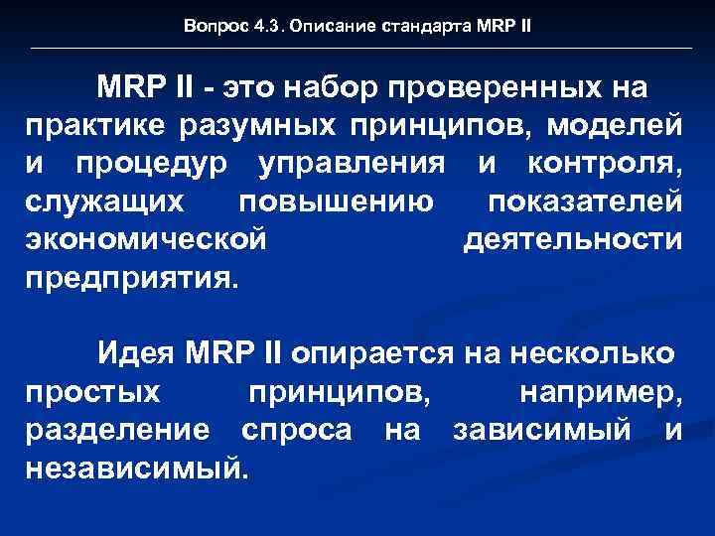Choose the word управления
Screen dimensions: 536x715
[351, 165]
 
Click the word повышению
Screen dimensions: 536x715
[336, 202]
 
